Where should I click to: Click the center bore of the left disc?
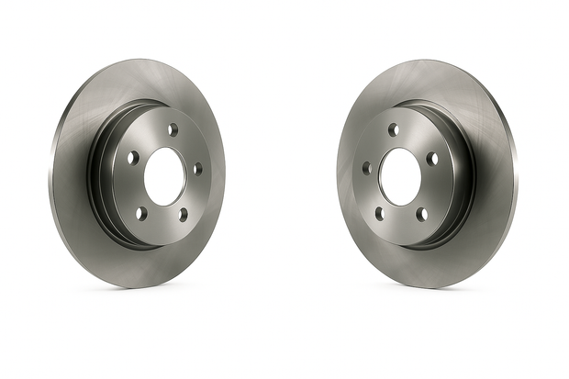pos(164,176)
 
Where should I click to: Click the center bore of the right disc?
pos(399,176)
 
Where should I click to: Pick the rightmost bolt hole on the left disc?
pos(197,168)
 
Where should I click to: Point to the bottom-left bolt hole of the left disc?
pos(140,213)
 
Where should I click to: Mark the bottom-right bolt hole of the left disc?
pos(183,215)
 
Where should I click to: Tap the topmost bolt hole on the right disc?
pos(393,129)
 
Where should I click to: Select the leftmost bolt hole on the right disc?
pos(366,168)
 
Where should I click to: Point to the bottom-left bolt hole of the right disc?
pos(379,215)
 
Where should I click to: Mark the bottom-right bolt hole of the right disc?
pos(422,214)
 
